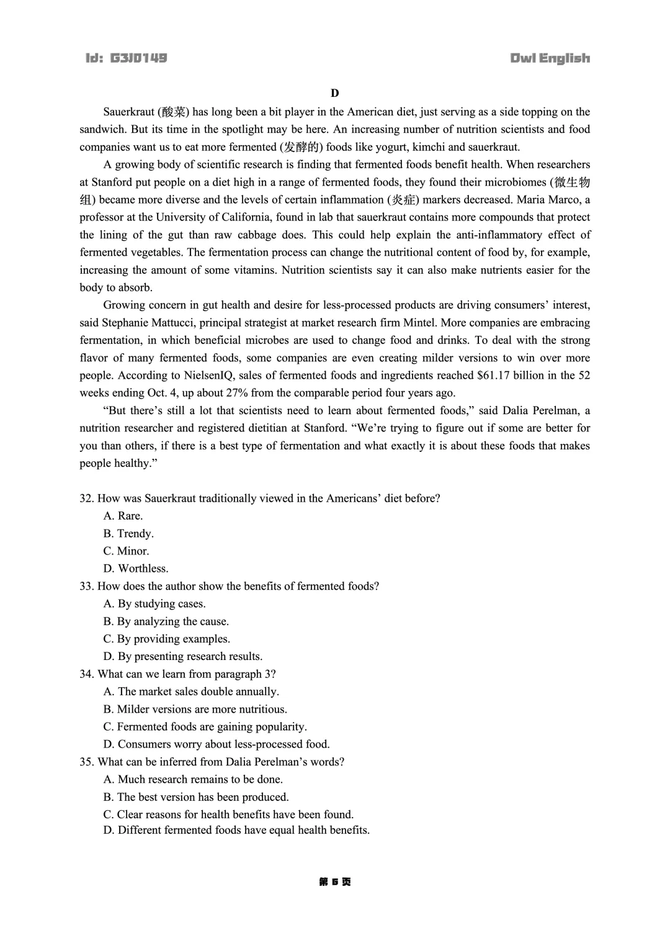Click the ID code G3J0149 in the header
[138, 58]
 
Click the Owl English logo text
[550, 58]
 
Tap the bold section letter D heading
[335, 93]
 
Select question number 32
[86, 499]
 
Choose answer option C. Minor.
[127, 551]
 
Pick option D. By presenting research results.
[183, 657]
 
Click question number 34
[86, 674]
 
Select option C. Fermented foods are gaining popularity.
[205, 727]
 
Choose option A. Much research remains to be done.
[193, 780]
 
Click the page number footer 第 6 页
[335, 882]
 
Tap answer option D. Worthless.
[136, 569]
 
